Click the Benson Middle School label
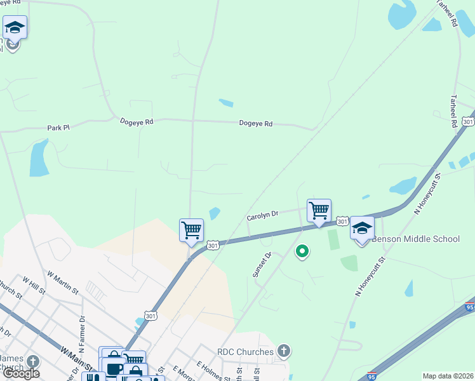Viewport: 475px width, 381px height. coord(415,239)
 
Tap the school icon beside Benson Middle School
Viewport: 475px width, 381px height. coord(362,228)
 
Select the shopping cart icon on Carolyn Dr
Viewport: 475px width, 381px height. coord(319,210)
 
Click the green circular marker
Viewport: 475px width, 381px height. coord(303,252)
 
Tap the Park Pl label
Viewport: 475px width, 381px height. coord(58,128)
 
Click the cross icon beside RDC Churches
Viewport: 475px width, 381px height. coord(283,351)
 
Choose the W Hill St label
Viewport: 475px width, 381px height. coord(33,285)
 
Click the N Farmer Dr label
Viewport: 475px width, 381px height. coord(82,326)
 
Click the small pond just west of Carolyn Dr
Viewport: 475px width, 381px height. coord(215,214)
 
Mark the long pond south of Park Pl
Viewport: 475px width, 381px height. coord(39,158)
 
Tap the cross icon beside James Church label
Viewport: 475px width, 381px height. coord(32,361)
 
